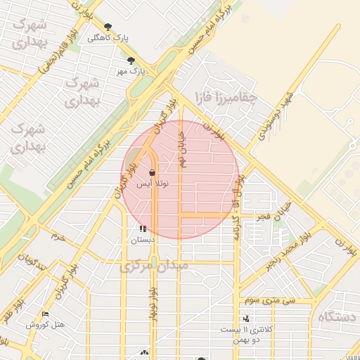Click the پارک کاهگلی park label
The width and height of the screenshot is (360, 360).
(103, 38)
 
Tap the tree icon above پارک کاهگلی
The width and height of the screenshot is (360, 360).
(108, 27)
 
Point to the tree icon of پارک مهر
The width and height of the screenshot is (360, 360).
(131, 60)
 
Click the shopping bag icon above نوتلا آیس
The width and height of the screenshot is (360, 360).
(153, 172)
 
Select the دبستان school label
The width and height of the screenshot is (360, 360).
(143, 239)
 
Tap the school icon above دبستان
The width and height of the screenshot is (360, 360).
(143, 229)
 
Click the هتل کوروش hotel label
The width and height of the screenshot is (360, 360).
(45, 325)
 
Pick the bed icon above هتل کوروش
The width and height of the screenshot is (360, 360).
(46, 314)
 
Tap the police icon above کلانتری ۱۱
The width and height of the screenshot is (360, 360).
(245, 319)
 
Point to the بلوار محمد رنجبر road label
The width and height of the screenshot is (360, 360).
(286, 252)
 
